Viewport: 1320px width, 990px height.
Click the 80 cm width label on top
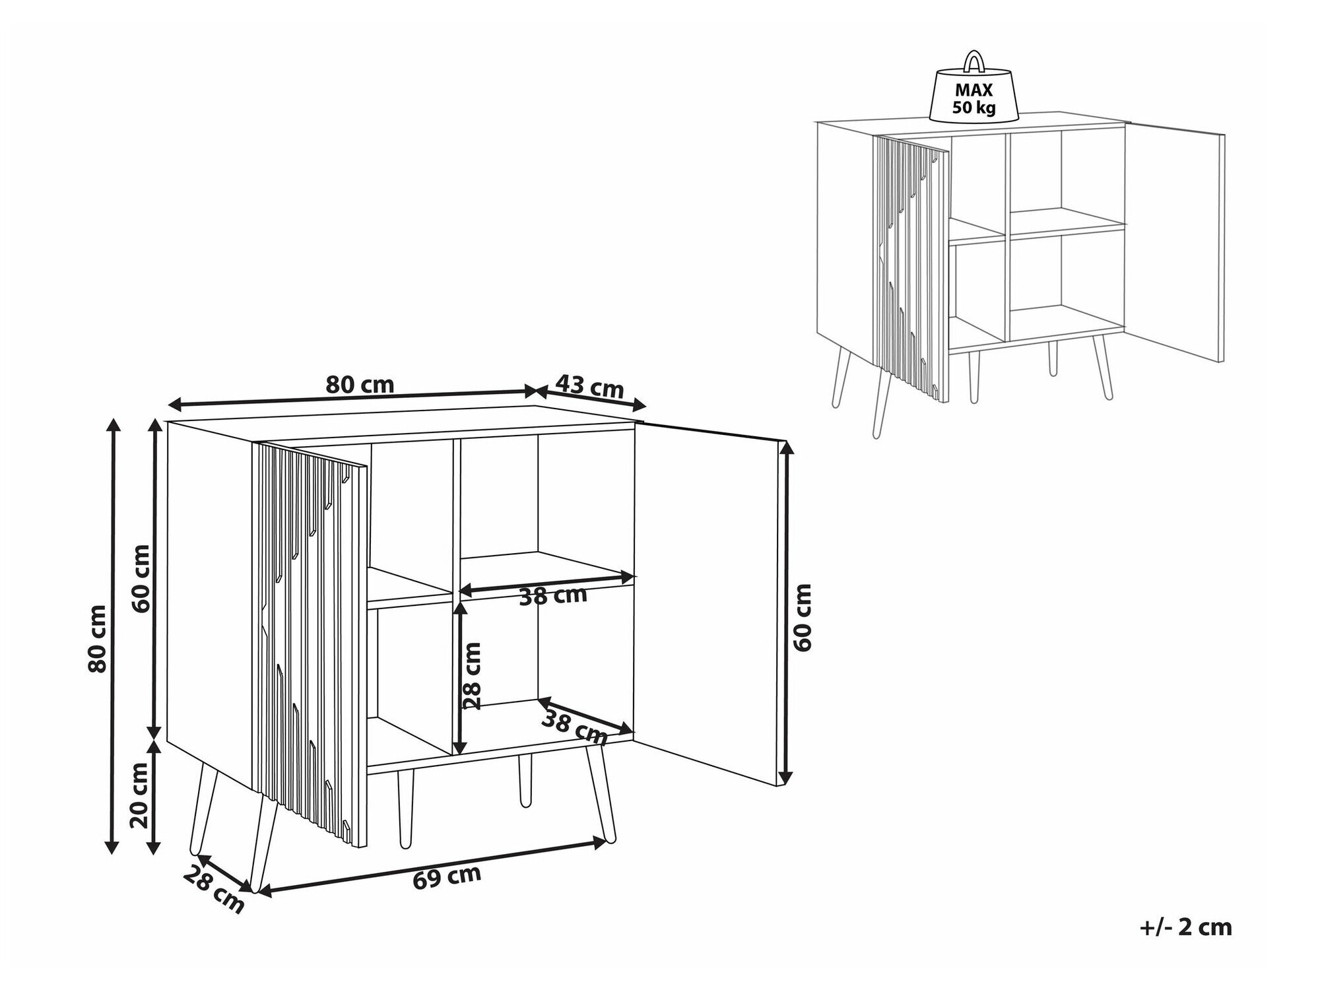point(360,384)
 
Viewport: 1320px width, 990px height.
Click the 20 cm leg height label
point(140,795)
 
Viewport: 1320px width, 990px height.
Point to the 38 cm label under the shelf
point(553,596)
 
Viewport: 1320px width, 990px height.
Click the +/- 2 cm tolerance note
point(1185,927)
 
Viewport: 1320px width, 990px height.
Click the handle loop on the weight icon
point(973,61)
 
